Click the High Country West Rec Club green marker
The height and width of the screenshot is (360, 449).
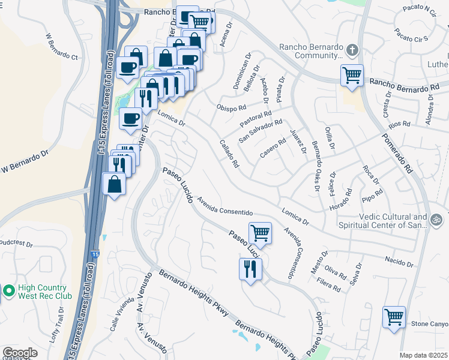click(x=8, y=292)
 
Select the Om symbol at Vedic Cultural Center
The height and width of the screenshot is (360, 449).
click(x=438, y=221)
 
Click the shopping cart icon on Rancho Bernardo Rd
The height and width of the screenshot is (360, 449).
click(x=351, y=76)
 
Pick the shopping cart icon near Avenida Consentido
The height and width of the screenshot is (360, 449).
click(x=260, y=232)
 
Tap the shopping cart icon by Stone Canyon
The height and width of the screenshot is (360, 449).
click(x=394, y=316)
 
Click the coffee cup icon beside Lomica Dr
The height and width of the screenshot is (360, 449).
click(x=130, y=118)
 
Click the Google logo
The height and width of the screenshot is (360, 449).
click(x=20, y=353)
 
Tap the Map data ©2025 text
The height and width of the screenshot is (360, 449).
click(x=423, y=355)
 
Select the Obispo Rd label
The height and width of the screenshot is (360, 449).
click(x=232, y=108)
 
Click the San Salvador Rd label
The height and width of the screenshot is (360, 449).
click(x=261, y=131)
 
